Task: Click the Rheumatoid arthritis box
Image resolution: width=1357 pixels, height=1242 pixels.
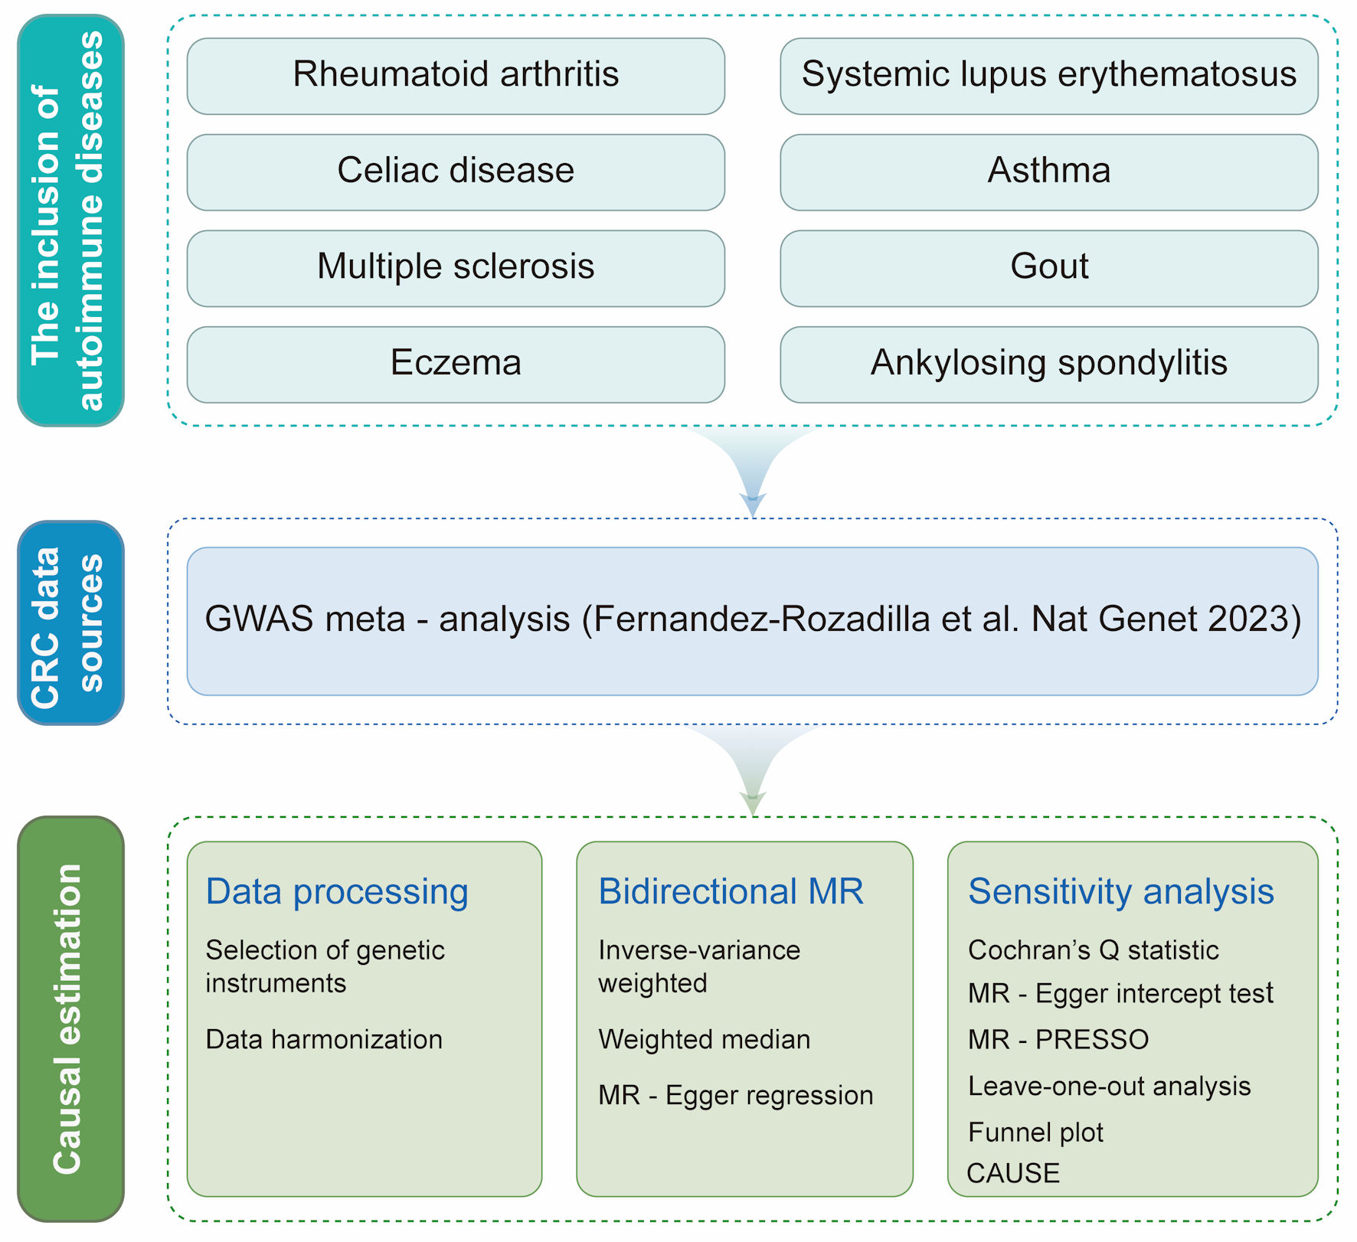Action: pyautogui.click(x=456, y=76)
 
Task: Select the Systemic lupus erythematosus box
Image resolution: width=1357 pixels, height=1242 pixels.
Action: pyautogui.click(x=1049, y=76)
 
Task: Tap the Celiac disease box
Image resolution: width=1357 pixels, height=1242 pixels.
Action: pyautogui.click(x=456, y=172)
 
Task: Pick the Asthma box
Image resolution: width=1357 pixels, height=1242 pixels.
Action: pyautogui.click(x=1049, y=172)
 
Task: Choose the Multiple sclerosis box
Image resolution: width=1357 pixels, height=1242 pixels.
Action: pyautogui.click(x=456, y=268)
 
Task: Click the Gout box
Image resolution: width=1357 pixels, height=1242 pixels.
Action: pyautogui.click(x=1049, y=268)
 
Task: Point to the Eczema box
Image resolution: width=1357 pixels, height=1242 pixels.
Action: pyautogui.click(x=456, y=364)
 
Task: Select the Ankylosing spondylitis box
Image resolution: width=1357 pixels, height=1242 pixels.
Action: pyautogui.click(x=1049, y=364)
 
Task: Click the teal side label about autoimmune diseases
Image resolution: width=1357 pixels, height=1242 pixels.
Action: pyautogui.click(x=70, y=221)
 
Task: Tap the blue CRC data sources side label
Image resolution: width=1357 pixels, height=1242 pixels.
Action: pyautogui.click(x=70, y=623)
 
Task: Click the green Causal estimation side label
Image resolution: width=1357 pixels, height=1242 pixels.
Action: pyautogui.click(x=70, y=1018)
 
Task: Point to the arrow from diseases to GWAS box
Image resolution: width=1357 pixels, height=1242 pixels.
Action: pyautogui.click(x=753, y=471)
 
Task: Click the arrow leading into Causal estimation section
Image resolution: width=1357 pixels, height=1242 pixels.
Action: pyautogui.click(x=753, y=770)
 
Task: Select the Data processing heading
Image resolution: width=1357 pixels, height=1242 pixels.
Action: pyautogui.click(x=337, y=892)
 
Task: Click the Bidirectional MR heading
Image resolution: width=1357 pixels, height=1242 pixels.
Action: pyautogui.click(x=731, y=891)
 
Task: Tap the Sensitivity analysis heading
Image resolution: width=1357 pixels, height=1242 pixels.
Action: pyautogui.click(x=1121, y=892)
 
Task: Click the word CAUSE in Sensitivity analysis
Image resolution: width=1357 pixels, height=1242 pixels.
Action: pyautogui.click(x=1013, y=1173)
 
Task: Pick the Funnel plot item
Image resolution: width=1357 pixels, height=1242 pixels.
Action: pyautogui.click(x=1035, y=1133)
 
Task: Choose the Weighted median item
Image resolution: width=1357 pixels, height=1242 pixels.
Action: pyautogui.click(x=704, y=1039)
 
